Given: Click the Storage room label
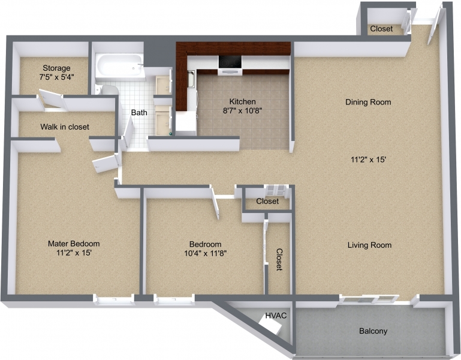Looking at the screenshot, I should [x=56, y=68].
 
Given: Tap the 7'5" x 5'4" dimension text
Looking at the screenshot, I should [x=56, y=77].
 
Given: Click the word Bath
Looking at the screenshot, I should [x=139, y=112].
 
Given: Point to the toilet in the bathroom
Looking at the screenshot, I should [x=109, y=91].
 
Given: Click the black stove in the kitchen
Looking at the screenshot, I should [x=229, y=62].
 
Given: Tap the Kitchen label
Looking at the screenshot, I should [x=243, y=101].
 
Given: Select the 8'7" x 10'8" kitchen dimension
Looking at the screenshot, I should [x=243, y=110].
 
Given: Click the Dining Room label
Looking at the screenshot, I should [x=368, y=102].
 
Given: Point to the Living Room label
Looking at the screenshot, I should [x=369, y=245].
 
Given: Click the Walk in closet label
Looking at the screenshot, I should [x=65, y=127].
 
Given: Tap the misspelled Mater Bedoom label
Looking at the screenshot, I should [x=74, y=244].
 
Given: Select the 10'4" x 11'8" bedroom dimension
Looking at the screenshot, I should [x=205, y=253].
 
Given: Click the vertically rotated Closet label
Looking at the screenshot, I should [x=279, y=260].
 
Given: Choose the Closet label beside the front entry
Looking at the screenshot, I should [x=381, y=29].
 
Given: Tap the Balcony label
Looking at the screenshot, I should [x=373, y=331].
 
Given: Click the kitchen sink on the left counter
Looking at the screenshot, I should [x=191, y=80].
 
